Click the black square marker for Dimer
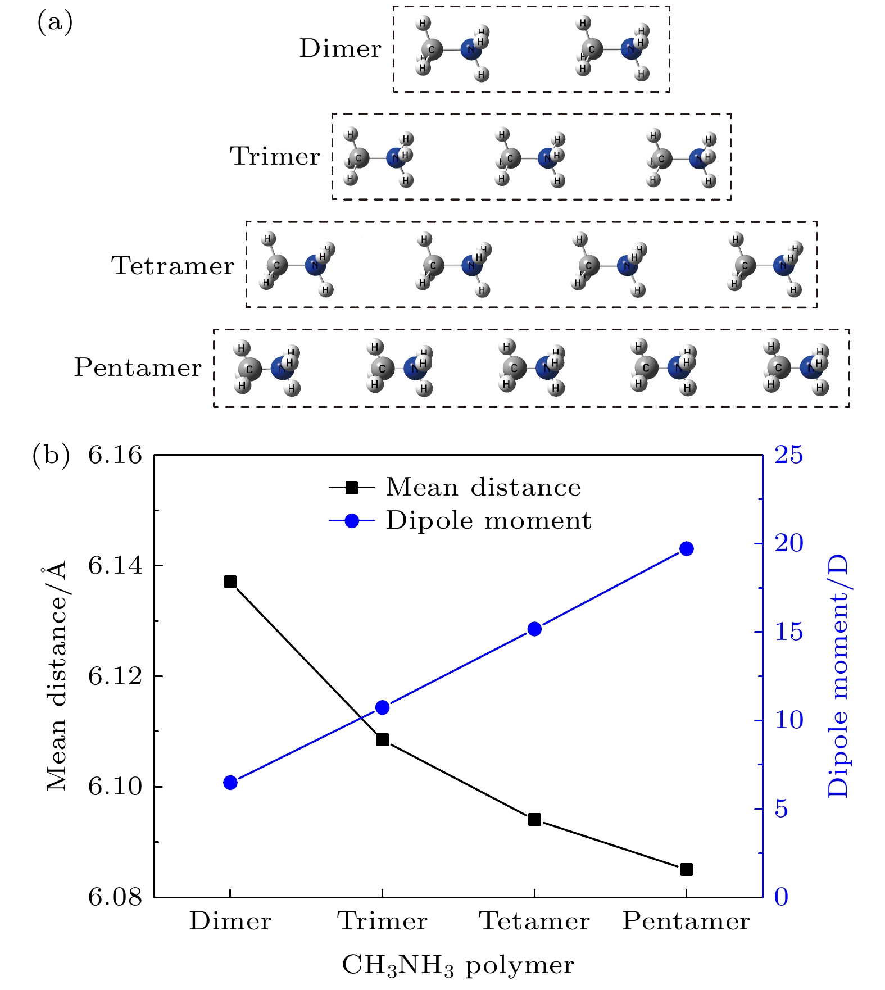(x=230, y=582)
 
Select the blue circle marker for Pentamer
(x=686, y=549)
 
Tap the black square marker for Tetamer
(x=534, y=820)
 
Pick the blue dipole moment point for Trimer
(x=382, y=707)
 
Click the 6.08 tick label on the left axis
(x=115, y=897)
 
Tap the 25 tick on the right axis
(x=789, y=455)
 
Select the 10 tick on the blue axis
(x=789, y=720)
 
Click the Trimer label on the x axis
(x=382, y=922)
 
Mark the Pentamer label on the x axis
(x=686, y=922)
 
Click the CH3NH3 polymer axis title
(x=458, y=966)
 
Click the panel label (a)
(x=55, y=22)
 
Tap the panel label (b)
(x=51, y=455)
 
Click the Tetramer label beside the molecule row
(x=173, y=265)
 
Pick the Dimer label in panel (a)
(x=340, y=48)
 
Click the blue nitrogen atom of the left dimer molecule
(x=470, y=49)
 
